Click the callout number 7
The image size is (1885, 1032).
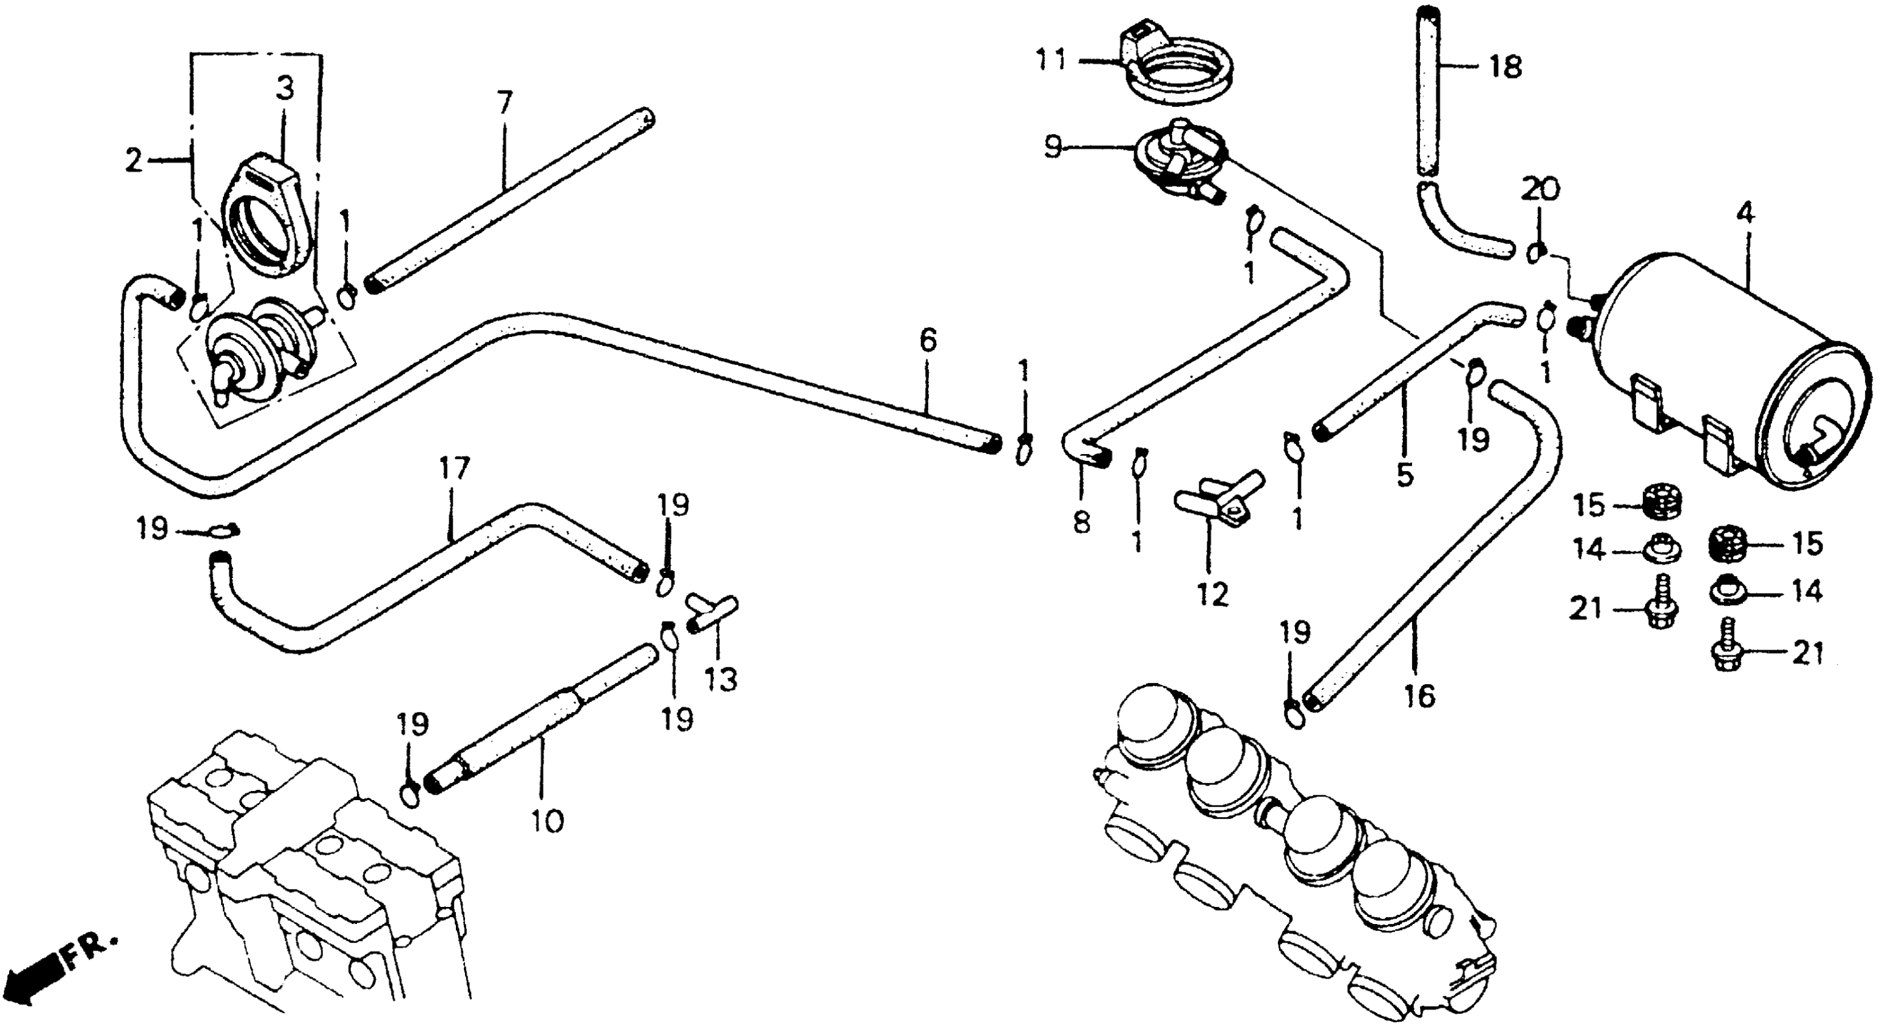504,103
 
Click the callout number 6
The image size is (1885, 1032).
927,342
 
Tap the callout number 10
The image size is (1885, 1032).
548,821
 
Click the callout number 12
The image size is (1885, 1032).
1211,595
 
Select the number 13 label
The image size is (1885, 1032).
721,680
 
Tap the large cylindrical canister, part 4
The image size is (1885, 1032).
1697,366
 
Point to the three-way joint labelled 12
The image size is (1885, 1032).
1218,498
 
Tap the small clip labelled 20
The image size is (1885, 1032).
1535,253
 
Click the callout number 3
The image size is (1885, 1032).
285,89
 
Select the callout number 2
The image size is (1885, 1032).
133,160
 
